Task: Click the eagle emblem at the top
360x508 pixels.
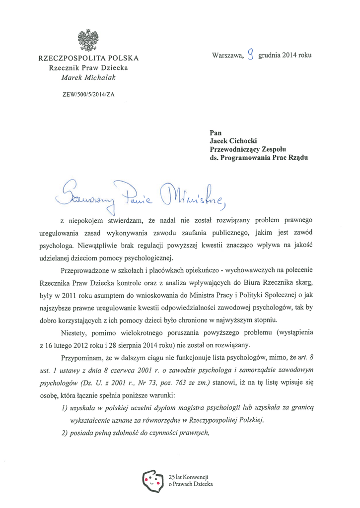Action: click(x=88, y=40)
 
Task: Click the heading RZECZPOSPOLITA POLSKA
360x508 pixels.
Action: click(x=88, y=59)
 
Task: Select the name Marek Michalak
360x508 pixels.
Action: click(x=88, y=77)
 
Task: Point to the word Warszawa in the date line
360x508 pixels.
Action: click(x=228, y=56)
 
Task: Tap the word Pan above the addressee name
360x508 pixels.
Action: click(x=216, y=132)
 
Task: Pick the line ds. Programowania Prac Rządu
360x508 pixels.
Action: click(x=259, y=158)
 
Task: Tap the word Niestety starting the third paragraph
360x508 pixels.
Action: click(x=74, y=332)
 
